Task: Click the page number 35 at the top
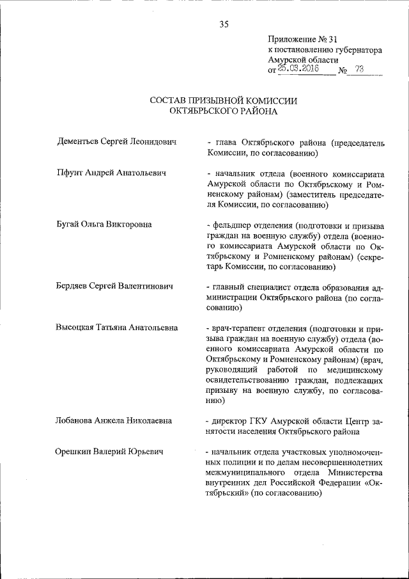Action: [x=224, y=25]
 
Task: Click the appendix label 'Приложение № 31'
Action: [x=300, y=38]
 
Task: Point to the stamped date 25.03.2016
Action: [x=298, y=70]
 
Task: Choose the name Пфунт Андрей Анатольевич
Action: [x=111, y=173]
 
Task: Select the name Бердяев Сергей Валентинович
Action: [x=115, y=286]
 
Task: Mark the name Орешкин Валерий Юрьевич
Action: [x=109, y=452]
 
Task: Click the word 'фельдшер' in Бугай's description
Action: [x=232, y=225]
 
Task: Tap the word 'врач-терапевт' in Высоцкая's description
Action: [x=237, y=328]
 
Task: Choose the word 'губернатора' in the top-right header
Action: [x=356, y=49]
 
